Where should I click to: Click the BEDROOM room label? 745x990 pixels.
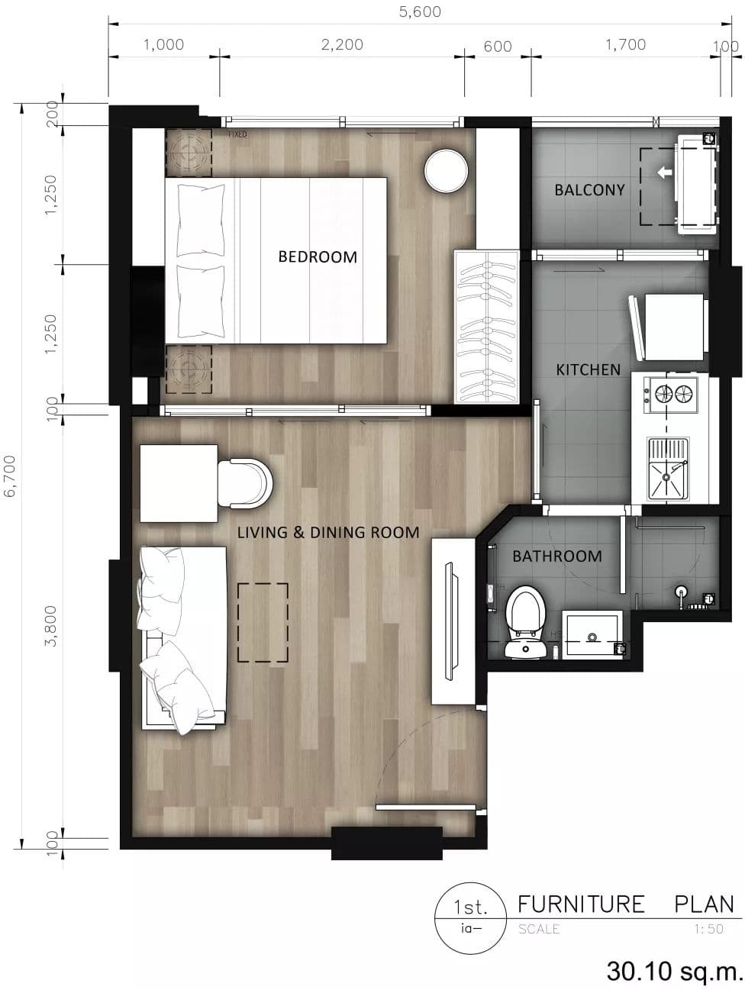318,257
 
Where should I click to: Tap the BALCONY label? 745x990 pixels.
589,190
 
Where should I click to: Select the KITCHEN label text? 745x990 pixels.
588,370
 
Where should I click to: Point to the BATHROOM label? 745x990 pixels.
557,556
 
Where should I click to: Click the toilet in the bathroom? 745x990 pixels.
525,621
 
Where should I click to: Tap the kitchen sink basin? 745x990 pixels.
668,469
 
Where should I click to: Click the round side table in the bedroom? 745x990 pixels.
446,172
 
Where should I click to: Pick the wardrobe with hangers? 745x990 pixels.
486,326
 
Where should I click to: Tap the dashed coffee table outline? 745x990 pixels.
263,622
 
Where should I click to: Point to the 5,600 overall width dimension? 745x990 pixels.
420,11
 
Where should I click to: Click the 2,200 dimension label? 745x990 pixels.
342,44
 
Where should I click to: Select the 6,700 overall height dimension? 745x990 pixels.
9,476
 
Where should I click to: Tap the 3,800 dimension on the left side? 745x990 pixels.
50,626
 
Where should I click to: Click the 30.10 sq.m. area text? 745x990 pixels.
675,971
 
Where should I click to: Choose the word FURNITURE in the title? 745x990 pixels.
581,905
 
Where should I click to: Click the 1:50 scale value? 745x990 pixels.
709,929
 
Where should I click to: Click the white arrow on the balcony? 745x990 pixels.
664,172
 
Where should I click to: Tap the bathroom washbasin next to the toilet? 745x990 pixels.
592,633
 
